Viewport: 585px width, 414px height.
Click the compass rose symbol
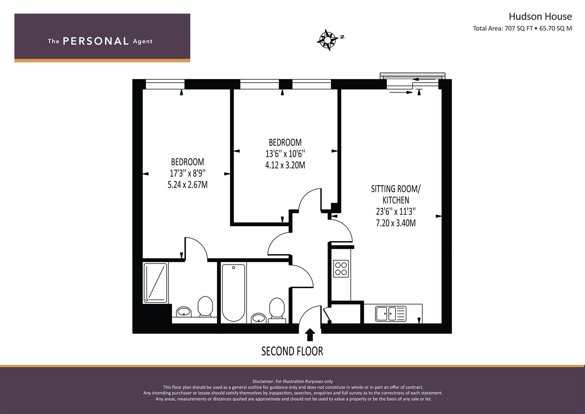click(x=328, y=39)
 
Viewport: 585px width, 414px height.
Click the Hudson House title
click(x=540, y=16)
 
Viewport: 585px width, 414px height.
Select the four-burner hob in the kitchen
click(x=341, y=268)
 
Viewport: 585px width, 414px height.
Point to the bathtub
click(x=233, y=292)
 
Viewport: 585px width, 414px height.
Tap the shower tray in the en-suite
click(x=156, y=283)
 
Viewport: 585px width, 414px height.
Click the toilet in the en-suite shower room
click(x=205, y=306)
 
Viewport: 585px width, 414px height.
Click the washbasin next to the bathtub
click(x=259, y=318)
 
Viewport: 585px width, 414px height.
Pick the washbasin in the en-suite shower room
click(x=184, y=311)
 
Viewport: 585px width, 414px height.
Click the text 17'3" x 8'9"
click(x=187, y=173)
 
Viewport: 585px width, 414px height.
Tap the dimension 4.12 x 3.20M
click(x=285, y=165)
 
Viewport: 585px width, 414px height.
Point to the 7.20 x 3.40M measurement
click(x=395, y=223)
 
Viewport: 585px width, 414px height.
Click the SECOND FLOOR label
click(x=292, y=351)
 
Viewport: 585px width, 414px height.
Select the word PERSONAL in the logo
click(x=95, y=41)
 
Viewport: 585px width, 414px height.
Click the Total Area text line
click(x=522, y=28)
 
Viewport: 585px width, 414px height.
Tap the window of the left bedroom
click(x=165, y=84)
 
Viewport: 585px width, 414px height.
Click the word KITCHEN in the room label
click(x=396, y=200)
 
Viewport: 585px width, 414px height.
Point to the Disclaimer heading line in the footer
click(x=292, y=381)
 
